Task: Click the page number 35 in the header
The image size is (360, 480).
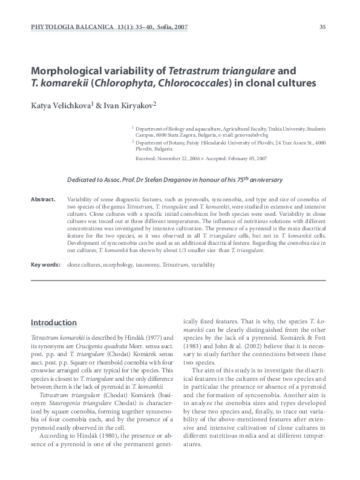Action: (x=322, y=27)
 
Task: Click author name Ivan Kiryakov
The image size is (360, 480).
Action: (x=128, y=105)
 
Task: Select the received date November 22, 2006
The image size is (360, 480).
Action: (x=178, y=158)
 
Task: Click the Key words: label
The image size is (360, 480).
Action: (x=45, y=265)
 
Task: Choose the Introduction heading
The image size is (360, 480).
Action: (x=53, y=322)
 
